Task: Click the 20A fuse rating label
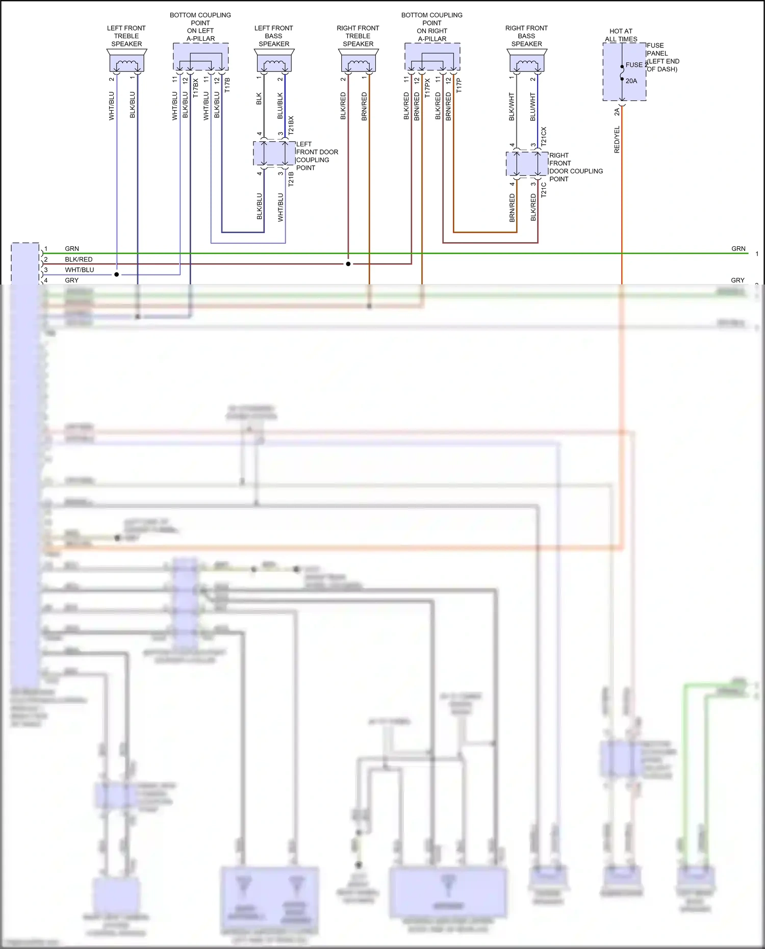coord(631,81)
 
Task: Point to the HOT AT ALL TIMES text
coord(621,35)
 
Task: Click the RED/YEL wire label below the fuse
coord(617,140)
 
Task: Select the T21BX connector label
coord(291,125)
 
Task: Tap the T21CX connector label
coord(544,137)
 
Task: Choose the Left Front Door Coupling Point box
coord(274,153)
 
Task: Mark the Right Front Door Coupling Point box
coord(527,164)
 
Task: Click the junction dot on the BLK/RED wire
coord(348,264)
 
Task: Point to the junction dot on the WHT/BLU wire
coord(117,274)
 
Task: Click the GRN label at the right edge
coord(738,249)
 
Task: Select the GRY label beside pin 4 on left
coord(71,280)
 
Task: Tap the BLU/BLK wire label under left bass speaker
coord(280,106)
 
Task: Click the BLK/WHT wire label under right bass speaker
coord(512,107)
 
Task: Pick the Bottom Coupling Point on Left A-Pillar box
coord(200,57)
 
